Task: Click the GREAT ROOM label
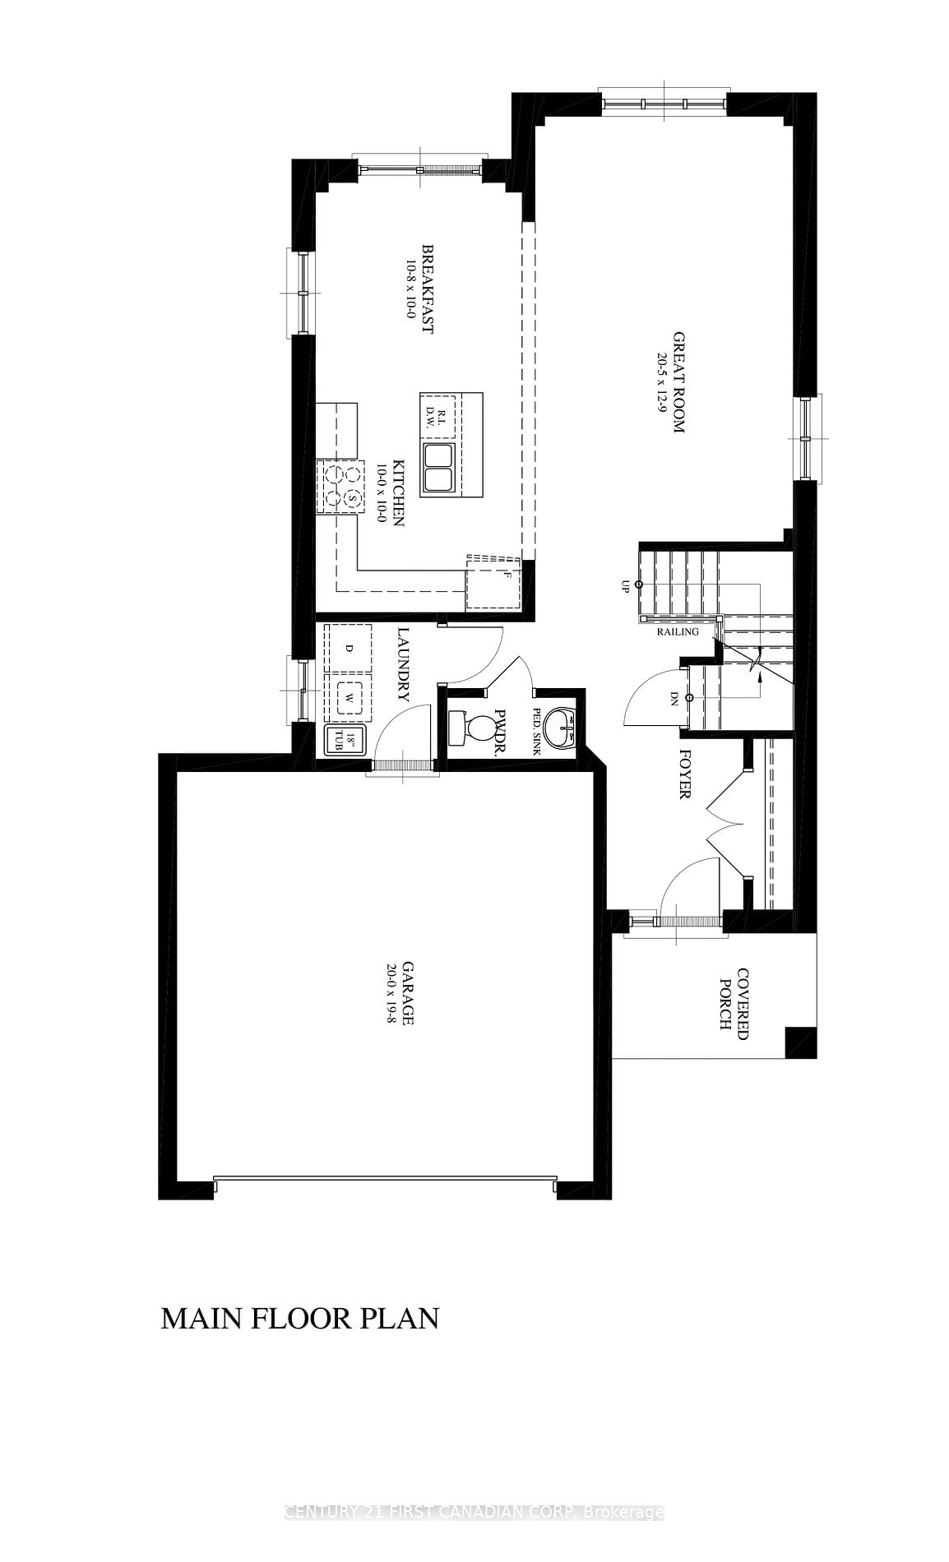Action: (679, 382)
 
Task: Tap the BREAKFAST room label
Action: (428, 288)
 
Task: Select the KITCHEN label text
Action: (398, 492)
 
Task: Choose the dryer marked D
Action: (349, 649)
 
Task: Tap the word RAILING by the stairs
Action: (678, 632)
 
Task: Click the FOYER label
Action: (684, 773)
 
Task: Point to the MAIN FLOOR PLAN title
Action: (300, 1319)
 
